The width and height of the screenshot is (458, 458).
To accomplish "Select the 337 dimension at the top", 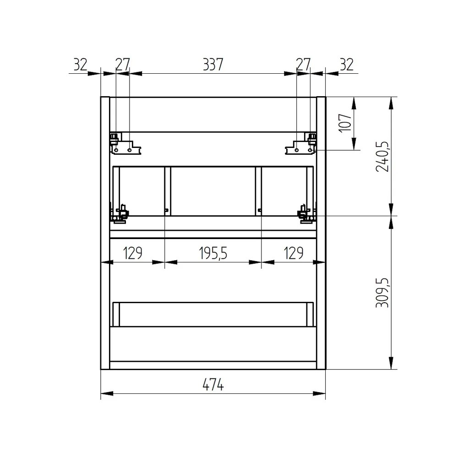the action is click(213, 64).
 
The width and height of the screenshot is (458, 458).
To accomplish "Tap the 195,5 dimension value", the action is click(213, 253).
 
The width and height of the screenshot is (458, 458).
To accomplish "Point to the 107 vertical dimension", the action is click(345, 123).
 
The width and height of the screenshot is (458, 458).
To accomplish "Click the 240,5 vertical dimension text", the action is click(382, 157).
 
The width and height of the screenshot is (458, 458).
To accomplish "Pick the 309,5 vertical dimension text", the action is click(382, 293).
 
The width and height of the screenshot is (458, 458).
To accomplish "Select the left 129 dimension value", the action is click(133, 253).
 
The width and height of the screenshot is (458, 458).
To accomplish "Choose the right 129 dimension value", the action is click(294, 253).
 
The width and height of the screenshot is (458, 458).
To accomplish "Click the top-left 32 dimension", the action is click(80, 64).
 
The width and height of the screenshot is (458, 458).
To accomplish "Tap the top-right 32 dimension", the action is click(347, 64).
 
